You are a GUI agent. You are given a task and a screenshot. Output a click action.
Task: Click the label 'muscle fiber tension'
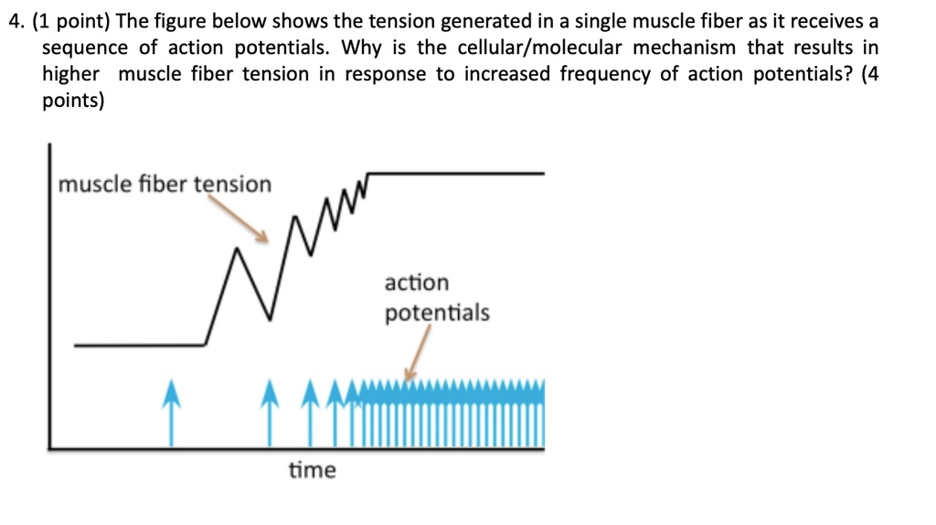(165, 185)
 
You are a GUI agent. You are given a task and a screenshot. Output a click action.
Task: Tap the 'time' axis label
(313, 470)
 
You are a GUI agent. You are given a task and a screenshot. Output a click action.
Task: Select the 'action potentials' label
(436, 298)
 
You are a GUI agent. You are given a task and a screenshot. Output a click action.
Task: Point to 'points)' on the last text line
(73, 101)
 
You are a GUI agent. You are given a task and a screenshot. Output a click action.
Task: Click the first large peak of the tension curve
(239, 248)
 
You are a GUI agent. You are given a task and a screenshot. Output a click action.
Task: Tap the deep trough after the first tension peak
(271, 317)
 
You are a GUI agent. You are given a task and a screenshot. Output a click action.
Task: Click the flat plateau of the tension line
(457, 172)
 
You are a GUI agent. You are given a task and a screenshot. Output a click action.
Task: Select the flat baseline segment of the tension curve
(137, 345)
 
